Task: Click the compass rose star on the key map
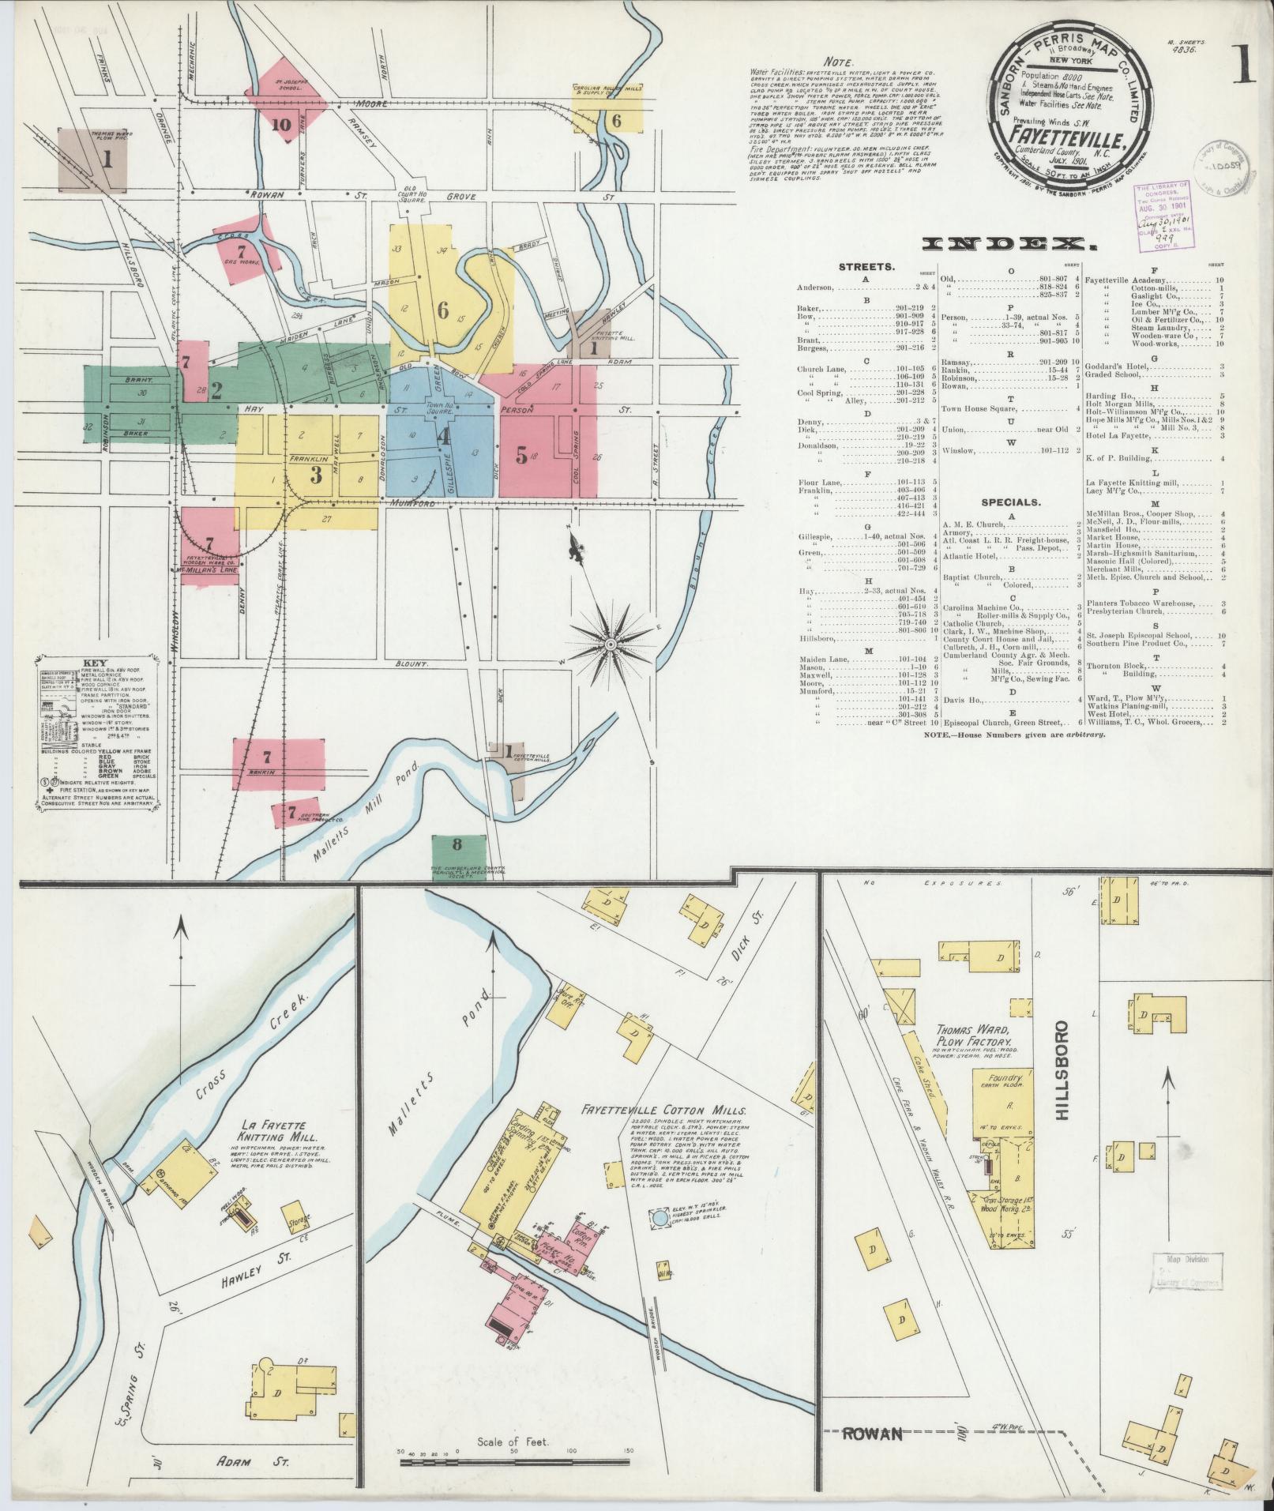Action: [x=610, y=645]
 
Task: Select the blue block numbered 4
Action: [x=445, y=436]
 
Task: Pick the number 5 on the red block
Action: [x=521, y=455]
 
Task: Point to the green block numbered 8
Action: [x=457, y=844]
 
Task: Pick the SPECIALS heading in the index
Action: [x=1010, y=501]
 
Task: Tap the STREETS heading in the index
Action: [x=866, y=267]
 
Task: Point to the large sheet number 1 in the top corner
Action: [x=1242, y=64]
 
